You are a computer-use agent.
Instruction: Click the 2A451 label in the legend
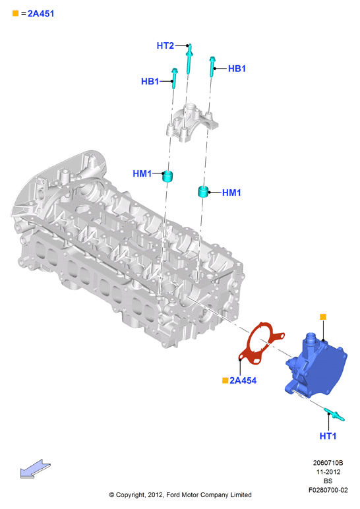pyautogui.click(x=41, y=14)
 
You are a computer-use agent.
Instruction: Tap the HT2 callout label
pyautogui.click(x=165, y=45)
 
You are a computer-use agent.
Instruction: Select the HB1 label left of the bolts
pyautogui.click(x=150, y=81)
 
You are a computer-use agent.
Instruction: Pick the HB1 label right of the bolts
pyautogui.click(x=237, y=69)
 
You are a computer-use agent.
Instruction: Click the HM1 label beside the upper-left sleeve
pyautogui.click(x=142, y=173)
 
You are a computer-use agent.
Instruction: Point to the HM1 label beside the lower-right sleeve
pyautogui.click(x=231, y=193)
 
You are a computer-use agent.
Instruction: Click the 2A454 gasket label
pyautogui.click(x=243, y=380)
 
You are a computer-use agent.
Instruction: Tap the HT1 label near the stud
pyautogui.click(x=328, y=436)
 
